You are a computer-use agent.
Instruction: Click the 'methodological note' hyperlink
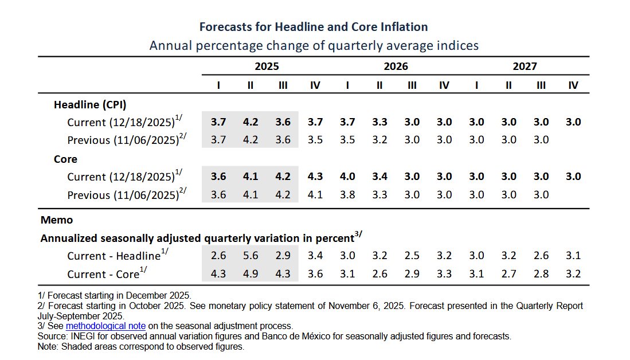click(105, 326)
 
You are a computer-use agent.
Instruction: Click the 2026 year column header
click(396, 66)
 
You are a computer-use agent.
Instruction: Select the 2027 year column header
click(525, 66)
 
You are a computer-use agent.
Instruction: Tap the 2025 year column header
click(267, 66)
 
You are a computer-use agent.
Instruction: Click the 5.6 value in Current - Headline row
click(251, 256)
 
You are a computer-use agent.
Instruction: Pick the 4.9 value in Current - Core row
click(251, 274)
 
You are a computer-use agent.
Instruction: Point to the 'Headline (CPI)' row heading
click(90, 105)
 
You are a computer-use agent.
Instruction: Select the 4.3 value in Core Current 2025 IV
click(315, 177)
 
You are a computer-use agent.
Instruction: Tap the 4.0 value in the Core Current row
click(347, 177)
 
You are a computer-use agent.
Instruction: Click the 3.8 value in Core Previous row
click(347, 195)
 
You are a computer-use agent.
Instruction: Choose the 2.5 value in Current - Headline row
click(412, 256)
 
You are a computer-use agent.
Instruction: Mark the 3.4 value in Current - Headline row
click(315, 256)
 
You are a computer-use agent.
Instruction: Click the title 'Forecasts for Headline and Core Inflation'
click(314, 27)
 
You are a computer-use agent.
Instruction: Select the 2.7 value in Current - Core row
click(508, 274)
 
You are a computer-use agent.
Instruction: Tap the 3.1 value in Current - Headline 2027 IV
click(573, 256)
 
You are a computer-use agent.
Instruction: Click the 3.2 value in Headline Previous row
click(379, 140)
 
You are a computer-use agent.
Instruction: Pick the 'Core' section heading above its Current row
click(65, 159)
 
